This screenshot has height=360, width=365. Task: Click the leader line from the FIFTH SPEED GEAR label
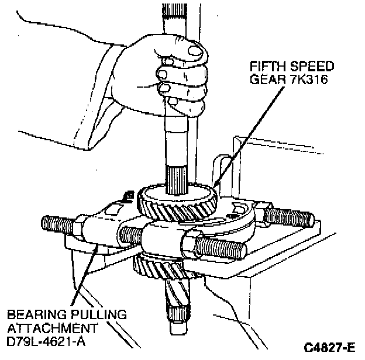coord(234,134)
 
